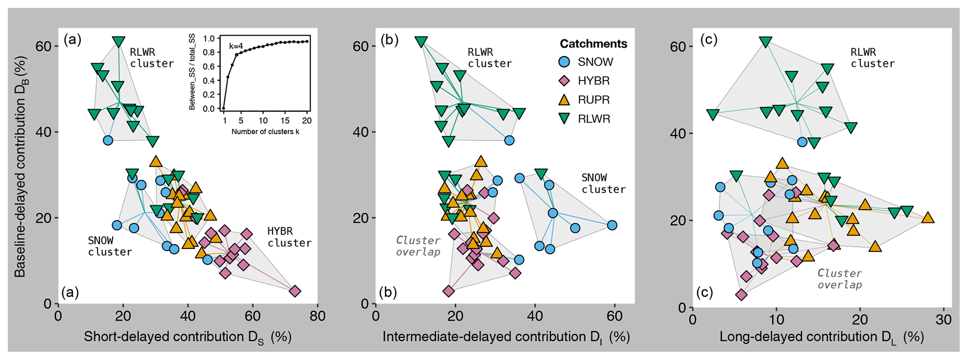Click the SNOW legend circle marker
click(x=565, y=62)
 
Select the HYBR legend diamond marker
click(x=565, y=81)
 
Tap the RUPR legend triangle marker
click(x=565, y=100)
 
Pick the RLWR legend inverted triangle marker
click(x=565, y=119)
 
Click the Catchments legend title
click(x=593, y=44)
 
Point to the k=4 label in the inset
click(x=236, y=46)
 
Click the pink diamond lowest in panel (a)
click(x=295, y=291)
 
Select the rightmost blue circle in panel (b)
click(x=612, y=225)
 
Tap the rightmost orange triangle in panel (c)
click(x=928, y=218)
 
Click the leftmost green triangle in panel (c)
click(x=713, y=114)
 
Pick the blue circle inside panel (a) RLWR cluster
click(x=108, y=140)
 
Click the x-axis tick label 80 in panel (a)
click(x=318, y=316)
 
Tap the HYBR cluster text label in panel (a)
click(x=289, y=237)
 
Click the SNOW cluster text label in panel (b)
click(x=603, y=184)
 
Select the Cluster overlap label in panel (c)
click(x=840, y=279)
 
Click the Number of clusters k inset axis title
click(x=265, y=132)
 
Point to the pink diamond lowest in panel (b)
click(x=449, y=291)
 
